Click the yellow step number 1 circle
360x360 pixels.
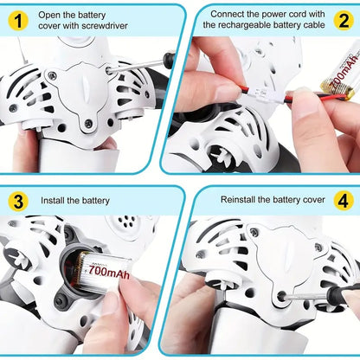[18, 21]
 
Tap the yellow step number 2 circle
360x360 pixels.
[344, 21]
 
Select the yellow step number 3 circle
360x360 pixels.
[18, 202]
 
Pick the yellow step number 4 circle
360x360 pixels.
[344, 201]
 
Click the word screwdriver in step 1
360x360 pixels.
[105, 26]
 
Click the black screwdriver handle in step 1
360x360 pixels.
[169, 59]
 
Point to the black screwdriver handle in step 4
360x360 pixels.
[344, 295]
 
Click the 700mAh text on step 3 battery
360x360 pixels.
[109, 271]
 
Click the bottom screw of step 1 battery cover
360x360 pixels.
[88, 124]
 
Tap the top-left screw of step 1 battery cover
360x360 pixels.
[52, 75]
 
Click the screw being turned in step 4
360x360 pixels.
[281, 296]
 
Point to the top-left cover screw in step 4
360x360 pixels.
[254, 232]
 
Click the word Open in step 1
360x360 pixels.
[48, 16]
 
